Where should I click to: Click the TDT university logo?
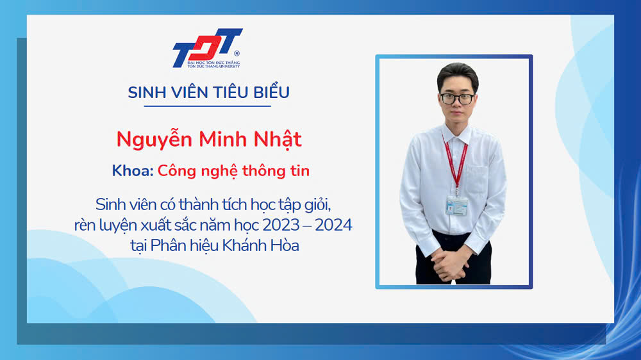pyautogui.click(x=208, y=48)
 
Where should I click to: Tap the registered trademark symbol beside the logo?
pyautogui.click(x=237, y=53)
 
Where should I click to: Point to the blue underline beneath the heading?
pyautogui.click(x=207, y=106)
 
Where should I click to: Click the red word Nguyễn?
pyautogui.click(x=154, y=140)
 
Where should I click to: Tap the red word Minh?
pyautogui.click(x=223, y=139)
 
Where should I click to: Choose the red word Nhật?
pyautogui.click(x=278, y=140)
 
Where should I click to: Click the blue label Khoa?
pyautogui.click(x=133, y=171)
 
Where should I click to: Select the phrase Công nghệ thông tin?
pyautogui.click(x=233, y=171)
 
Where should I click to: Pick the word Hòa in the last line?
pyautogui.click(x=287, y=245)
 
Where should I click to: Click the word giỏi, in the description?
pyautogui.click(x=317, y=205)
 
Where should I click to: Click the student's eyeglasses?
pyautogui.click(x=457, y=99)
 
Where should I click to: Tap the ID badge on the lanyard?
pyautogui.click(x=456, y=206)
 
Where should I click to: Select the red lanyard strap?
pyautogui.click(x=455, y=161)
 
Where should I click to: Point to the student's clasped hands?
pyautogui.click(x=450, y=263)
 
